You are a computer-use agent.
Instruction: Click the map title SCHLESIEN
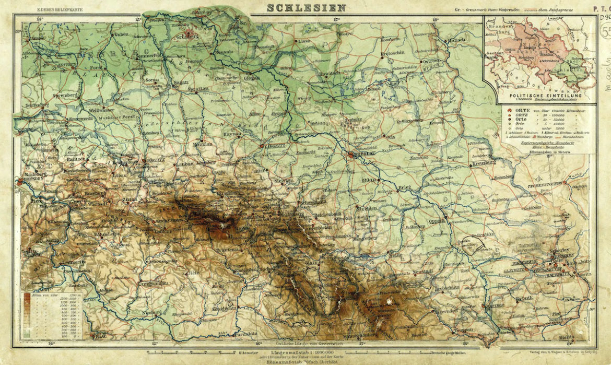click(x=306, y=7)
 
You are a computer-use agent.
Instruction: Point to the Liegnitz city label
click(x=274, y=147)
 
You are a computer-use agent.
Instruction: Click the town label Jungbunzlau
click(x=152, y=283)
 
